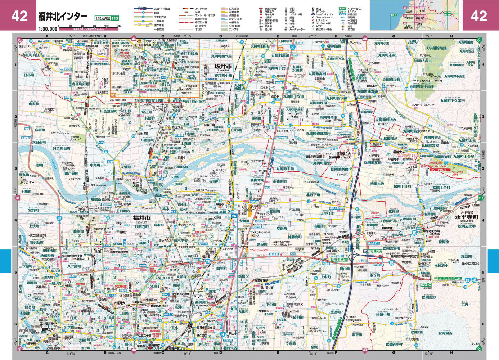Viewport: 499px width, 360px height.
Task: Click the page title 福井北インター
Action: click(x=63, y=17)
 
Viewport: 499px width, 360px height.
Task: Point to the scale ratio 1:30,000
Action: click(x=48, y=28)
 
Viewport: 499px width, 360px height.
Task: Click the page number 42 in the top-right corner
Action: click(x=479, y=16)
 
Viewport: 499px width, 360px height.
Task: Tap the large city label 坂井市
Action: click(x=223, y=66)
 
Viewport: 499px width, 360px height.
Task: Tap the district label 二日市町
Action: click(x=28, y=75)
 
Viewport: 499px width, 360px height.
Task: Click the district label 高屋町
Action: click(x=40, y=130)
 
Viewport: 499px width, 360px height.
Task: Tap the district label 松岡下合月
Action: click(x=402, y=186)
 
